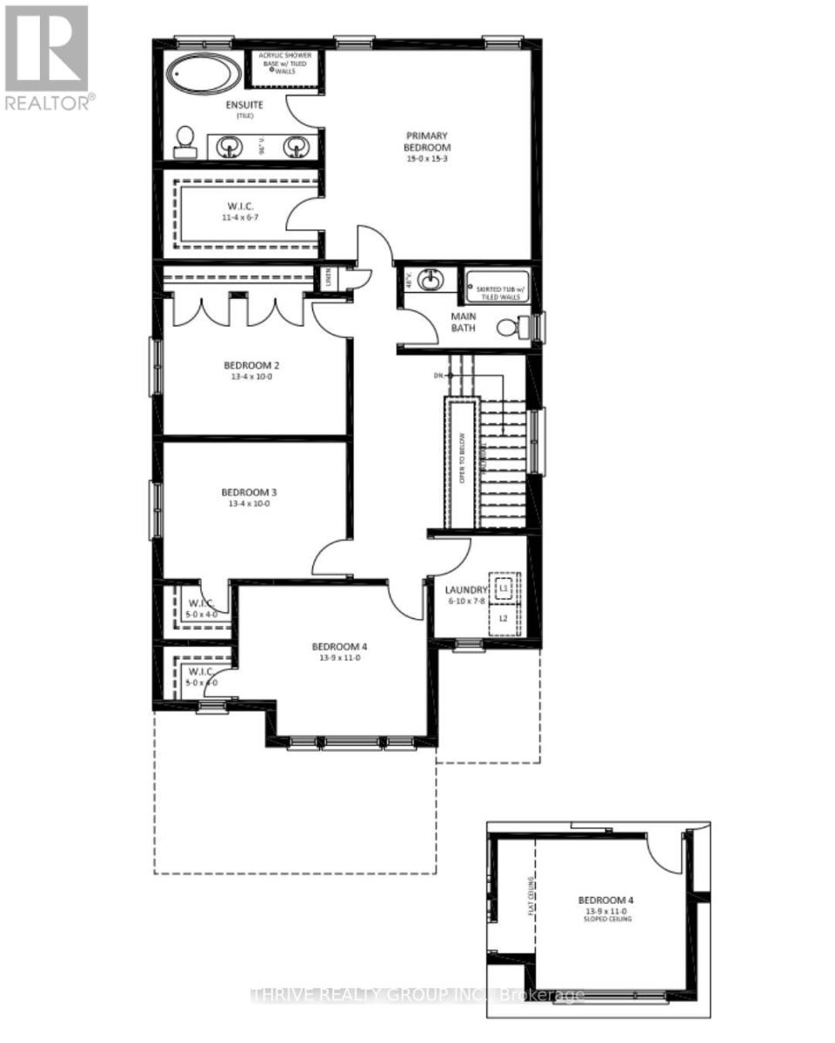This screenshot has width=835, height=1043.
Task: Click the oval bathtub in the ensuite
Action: [x=205, y=75]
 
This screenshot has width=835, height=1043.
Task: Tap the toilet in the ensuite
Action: [x=185, y=143]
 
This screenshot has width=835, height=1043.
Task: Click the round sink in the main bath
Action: [x=429, y=281]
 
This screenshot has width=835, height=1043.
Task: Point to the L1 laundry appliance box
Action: [x=503, y=588]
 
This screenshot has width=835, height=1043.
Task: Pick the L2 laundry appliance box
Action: [x=503, y=619]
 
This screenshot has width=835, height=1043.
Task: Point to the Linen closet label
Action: [x=328, y=279]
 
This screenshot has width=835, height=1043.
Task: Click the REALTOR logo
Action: [x=47, y=57]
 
